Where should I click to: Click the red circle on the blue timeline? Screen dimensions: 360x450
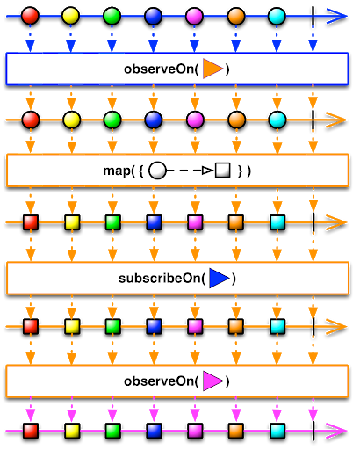click(30, 16)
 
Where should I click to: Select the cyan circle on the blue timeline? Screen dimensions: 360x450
click(277, 16)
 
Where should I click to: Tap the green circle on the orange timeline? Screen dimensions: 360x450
click(112, 120)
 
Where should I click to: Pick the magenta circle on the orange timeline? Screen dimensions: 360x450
click(195, 120)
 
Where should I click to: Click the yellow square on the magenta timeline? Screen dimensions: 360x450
click(72, 431)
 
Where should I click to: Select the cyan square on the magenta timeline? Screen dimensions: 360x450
click(277, 431)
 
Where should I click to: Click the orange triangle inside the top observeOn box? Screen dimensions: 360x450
click(212, 69)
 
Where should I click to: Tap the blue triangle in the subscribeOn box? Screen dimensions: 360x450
click(220, 278)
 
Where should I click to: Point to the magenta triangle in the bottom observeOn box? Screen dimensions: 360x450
click(212, 381)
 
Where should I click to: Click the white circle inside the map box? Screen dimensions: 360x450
click(157, 171)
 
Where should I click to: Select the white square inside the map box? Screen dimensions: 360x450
click(223, 170)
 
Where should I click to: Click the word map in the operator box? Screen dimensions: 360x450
click(117, 171)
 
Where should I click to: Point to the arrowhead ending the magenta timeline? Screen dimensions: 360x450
click(336, 431)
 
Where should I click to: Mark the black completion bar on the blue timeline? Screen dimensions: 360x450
click(313, 17)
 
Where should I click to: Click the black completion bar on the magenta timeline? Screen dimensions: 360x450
click(313, 431)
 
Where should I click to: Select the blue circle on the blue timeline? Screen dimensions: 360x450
click(154, 16)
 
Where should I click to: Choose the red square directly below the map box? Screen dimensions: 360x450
click(31, 222)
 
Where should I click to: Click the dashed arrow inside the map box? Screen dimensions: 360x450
click(191, 171)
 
